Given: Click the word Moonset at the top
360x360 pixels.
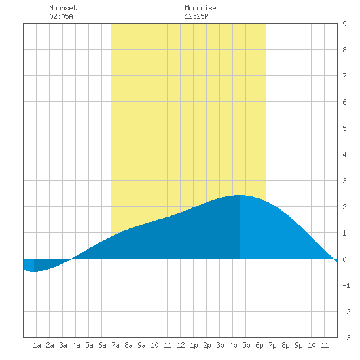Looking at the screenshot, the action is coord(63,8).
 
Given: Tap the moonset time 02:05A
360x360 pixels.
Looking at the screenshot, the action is coord(61,16).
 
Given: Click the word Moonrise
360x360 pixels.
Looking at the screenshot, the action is coord(200,8).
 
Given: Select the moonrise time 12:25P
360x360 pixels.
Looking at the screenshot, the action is coord(196,16).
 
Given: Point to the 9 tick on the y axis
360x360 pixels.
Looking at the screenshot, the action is coord(344,24).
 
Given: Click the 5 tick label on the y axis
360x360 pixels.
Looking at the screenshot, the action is coord(344,128).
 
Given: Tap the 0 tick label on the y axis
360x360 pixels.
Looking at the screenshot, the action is coord(344,259).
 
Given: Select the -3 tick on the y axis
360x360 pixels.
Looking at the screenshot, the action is coord(346,338).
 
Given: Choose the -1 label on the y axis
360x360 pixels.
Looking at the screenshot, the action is coord(346,285).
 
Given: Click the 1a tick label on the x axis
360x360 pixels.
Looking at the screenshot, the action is coord(37,345).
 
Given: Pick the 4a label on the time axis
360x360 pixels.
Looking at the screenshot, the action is coord(76,345).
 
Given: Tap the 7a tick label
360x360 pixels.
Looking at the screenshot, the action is coord(115,345).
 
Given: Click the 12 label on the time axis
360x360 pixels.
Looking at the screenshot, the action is coord(181,345).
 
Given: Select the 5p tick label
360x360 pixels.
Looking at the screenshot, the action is coord(246,345).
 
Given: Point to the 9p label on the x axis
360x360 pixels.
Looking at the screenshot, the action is coord(298,345).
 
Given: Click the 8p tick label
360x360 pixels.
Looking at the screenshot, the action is coord(285,345).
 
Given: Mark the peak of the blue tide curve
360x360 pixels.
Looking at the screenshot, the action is coord(240,195).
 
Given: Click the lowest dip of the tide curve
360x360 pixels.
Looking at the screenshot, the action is coord(34,272).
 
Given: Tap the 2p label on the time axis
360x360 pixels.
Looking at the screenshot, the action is coord(207,345).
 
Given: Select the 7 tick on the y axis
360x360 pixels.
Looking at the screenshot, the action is coord(344,76).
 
